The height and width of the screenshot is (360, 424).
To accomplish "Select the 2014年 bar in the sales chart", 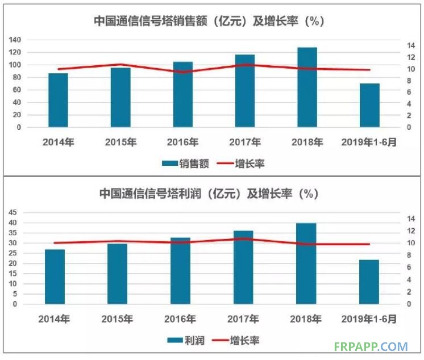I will coord(58,101).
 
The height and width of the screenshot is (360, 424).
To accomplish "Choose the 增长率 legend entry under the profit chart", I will coord(238,341).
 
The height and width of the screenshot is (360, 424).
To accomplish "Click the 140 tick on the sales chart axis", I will coord(15,40).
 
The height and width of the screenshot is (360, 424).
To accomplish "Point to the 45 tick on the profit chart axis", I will coord(13,212).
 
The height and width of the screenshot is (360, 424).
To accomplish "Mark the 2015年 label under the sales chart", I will coord(120,142).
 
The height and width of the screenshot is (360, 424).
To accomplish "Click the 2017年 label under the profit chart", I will coord(243,319).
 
